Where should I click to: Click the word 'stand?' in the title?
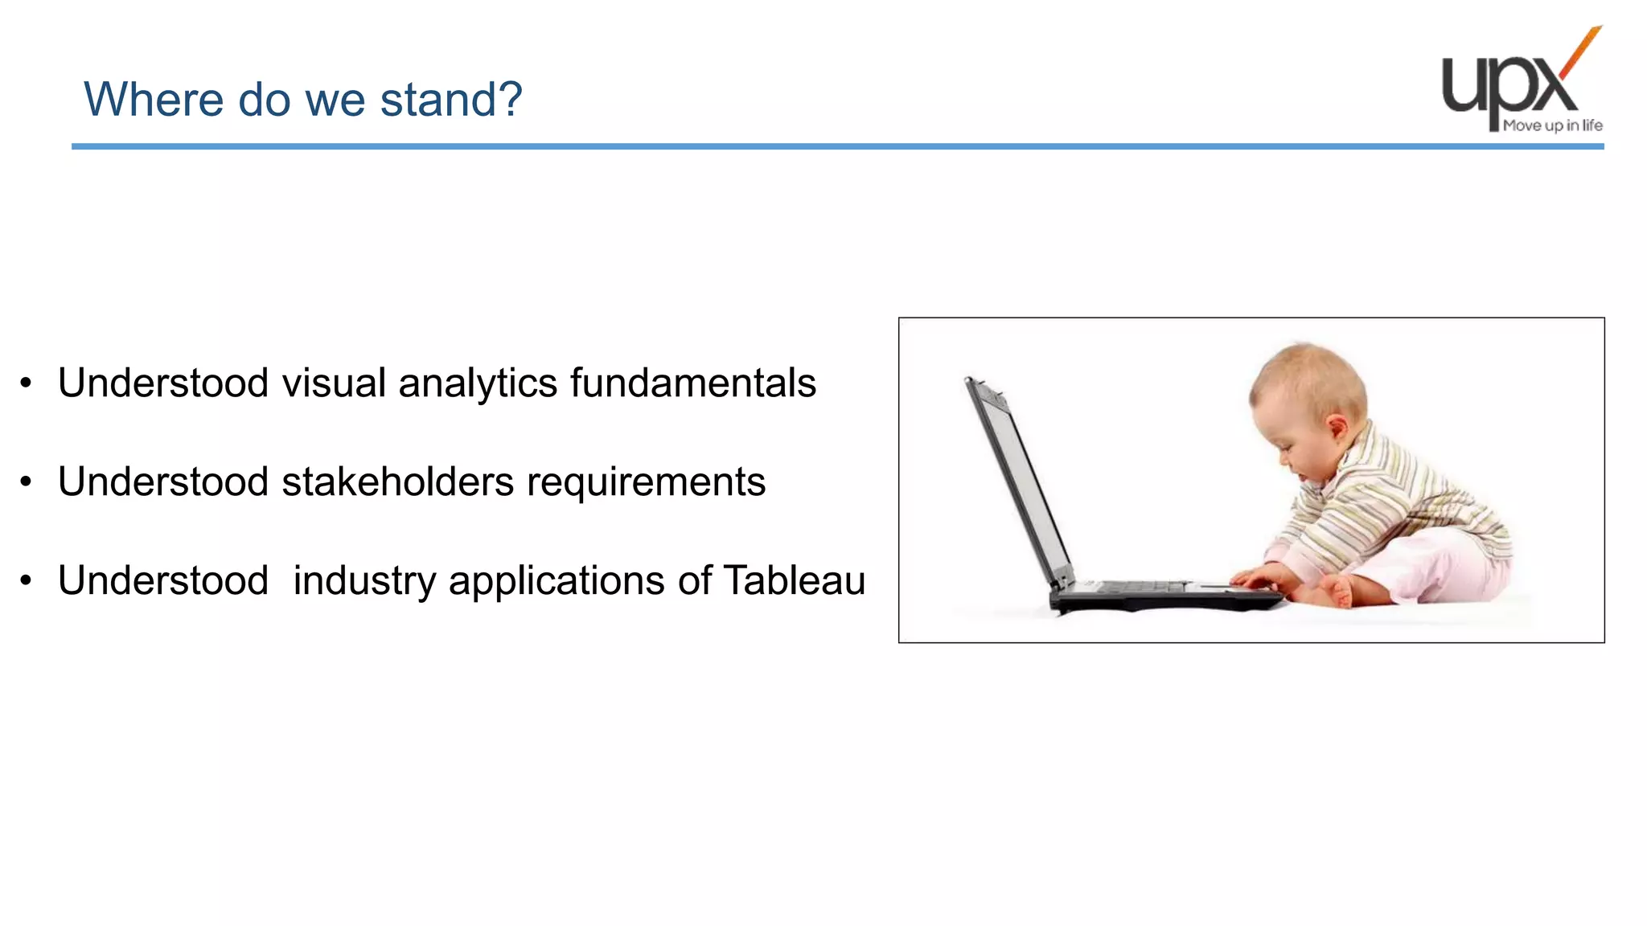451,100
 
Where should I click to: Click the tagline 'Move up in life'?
1552,125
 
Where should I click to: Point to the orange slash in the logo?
1581,51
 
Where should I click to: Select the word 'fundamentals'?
693,383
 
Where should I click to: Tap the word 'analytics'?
478,384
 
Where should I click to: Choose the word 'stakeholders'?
397,481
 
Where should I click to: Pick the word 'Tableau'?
795,580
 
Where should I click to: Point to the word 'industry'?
363,582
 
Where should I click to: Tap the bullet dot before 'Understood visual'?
27,383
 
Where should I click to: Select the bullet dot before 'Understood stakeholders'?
27,482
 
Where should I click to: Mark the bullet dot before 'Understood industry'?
27,581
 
